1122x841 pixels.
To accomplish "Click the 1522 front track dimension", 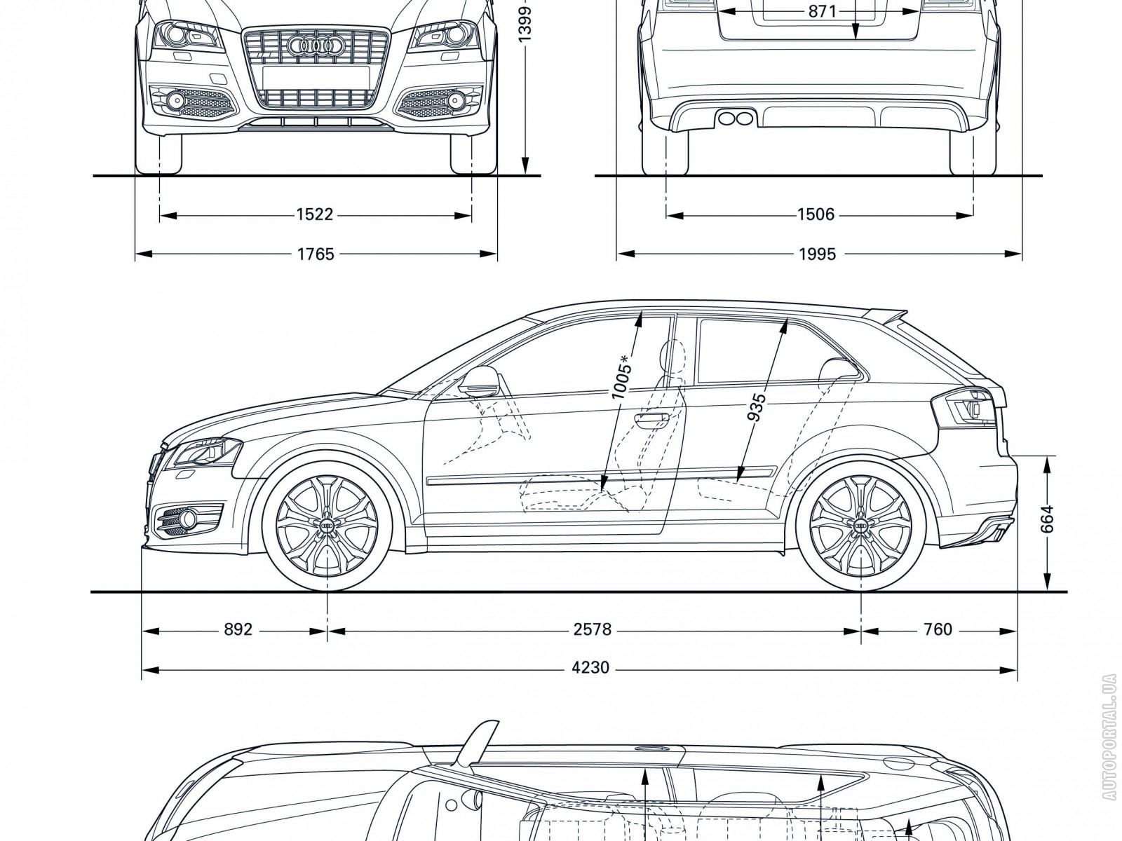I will [314, 215].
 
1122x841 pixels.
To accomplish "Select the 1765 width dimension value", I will [316, 254].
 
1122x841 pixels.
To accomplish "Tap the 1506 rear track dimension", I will [816, 215].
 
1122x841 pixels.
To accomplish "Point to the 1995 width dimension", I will [817, 254].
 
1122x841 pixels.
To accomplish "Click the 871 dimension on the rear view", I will [822, 12].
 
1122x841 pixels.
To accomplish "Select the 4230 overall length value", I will [590, 668].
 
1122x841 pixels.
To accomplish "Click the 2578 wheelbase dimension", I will [593, 630].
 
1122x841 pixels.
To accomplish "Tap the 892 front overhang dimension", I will [238, 630].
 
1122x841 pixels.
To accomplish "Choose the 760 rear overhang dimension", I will [938, 630].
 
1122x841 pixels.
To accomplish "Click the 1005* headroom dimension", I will [621, 378].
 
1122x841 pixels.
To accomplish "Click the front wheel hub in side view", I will [327, 525].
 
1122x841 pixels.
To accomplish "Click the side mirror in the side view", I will [478, 380].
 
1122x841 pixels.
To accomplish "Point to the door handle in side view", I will [651, 418].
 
